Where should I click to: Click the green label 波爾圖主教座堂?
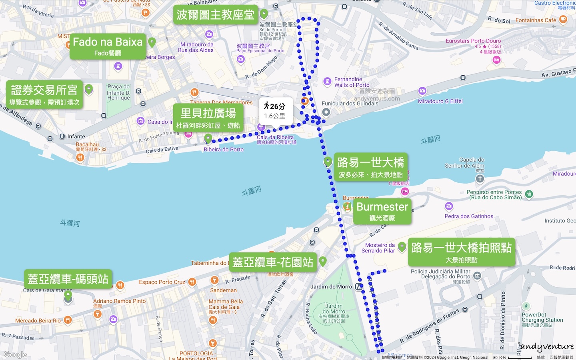point(215,15)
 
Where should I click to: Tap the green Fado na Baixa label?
point(107,46)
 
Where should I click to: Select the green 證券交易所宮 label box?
point(44,95)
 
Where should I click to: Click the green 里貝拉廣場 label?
point(208,118)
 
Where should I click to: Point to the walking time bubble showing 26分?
point(275,111)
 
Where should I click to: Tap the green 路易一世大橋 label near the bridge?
point(370,167)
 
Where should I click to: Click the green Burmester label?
point(382,211)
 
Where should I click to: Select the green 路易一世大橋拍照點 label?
point(461,252)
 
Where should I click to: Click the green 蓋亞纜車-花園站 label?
point(273,262)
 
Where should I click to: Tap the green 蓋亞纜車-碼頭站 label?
point(68,279)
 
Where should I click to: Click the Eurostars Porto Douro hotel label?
point(473,41)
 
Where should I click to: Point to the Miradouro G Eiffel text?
point(440,101)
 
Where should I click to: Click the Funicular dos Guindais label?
point(350,104)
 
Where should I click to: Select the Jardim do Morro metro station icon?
point(359,287)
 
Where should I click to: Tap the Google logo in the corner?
point(15,354)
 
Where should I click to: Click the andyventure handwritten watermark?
point(546,347)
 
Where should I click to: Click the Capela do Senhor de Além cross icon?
point(480,179)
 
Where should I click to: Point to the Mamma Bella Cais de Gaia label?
point(226,304)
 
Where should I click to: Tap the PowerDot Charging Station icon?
point(526,306)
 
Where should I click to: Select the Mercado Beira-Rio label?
point(38,320)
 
